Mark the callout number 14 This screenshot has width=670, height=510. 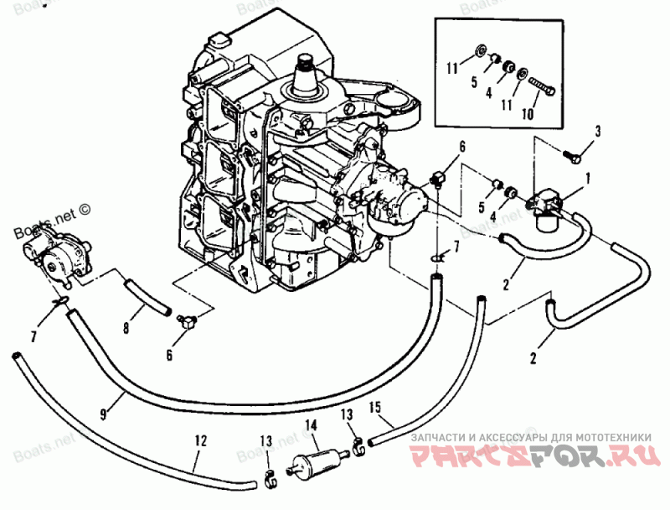[x=310, y=425]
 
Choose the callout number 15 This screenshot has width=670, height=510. [x=376, y=409]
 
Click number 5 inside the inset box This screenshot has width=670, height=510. [x=472, y=82]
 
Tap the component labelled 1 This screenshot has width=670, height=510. [x=544, y=206]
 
